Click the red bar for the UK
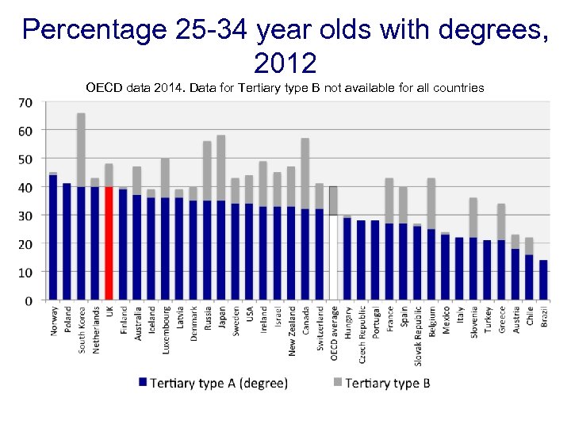click(109, 244)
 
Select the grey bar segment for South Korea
click(81, 150)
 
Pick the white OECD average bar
click(334, 258)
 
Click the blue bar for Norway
click(53, 238)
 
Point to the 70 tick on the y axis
click(25, 102)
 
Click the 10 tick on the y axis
click(25, 272)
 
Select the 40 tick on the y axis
click(25, 187)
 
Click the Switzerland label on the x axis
click(320, 330)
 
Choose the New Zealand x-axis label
click(292, 331)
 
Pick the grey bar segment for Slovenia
click(473, 217)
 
